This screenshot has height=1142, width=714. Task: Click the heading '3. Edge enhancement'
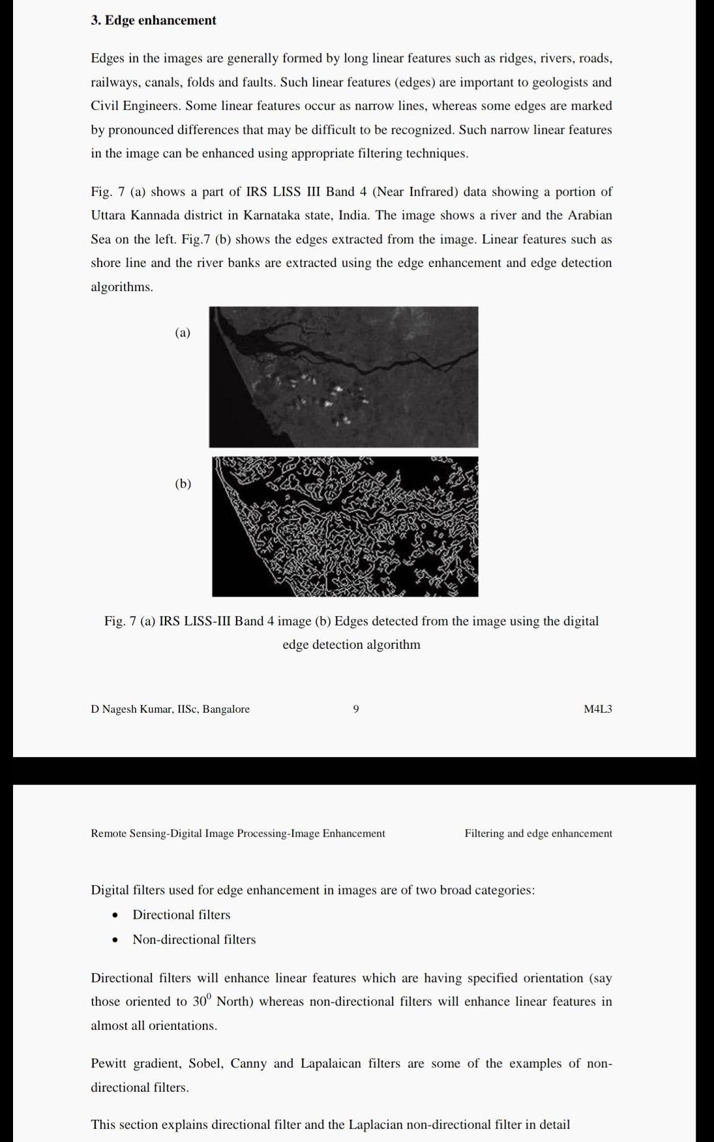(153, 20)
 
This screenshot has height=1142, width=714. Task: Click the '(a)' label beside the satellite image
(183, 332)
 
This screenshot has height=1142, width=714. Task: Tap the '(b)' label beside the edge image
(183, 483)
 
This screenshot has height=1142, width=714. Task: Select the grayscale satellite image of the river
(344, 377)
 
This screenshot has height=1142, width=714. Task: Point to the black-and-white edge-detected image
(345, 526)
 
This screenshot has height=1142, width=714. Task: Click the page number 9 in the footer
(356, 709)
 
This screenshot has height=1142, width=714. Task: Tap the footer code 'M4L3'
(597, 709)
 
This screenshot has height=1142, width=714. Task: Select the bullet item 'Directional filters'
(181, 915)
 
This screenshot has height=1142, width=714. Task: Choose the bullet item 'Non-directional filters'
(194, 939)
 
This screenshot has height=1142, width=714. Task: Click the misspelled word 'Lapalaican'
(331, 1063)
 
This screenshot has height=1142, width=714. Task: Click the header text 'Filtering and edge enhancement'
(538, 833)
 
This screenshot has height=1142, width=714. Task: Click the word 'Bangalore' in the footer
(226, 709)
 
